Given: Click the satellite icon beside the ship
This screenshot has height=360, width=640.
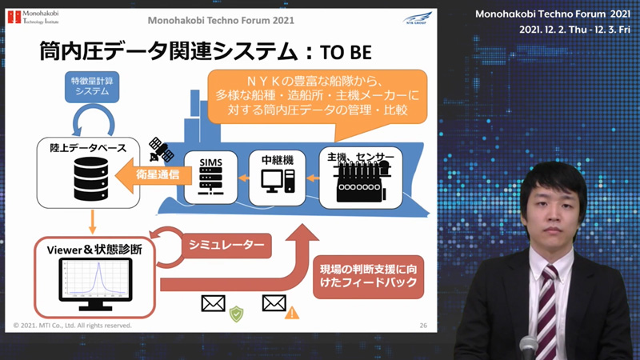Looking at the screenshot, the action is click(161, 150).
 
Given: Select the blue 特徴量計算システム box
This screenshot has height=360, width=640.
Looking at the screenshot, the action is click(92, 86).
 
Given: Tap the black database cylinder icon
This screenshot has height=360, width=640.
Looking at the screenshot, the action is click(91, 178).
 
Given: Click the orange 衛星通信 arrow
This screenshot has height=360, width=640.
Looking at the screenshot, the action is click(154, 175).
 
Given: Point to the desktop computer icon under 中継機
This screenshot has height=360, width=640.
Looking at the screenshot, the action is click(278, 181).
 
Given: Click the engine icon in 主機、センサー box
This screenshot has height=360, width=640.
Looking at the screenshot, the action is click(362, 182).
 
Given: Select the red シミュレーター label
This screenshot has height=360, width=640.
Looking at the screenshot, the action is click(226, 245).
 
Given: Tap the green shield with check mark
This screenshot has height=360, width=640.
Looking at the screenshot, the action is click(236, 314).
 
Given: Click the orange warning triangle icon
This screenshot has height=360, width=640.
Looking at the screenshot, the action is click(292, 313).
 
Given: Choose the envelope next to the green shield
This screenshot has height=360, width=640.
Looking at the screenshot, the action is click(213, 303).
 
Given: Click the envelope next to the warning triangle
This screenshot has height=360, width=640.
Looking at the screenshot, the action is click(274, 303).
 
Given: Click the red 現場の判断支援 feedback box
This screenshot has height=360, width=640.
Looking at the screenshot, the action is click(368, 276).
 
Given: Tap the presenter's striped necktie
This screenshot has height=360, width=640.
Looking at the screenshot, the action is click(547, 310).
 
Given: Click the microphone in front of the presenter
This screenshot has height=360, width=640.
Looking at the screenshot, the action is click(528, 348).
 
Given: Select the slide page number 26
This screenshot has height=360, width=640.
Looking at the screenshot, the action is click(423, 326).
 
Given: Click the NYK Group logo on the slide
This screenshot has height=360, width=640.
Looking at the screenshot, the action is click(417, 18).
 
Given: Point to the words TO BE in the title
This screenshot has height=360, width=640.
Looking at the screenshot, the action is click(346, 53).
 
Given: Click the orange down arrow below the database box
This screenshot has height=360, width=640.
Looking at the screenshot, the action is click(92, 222).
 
